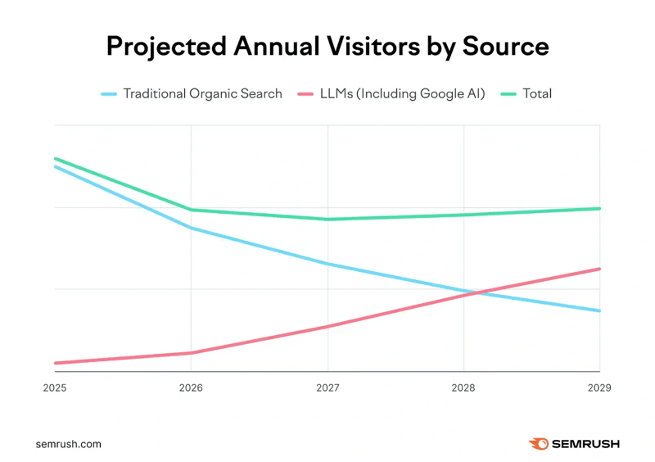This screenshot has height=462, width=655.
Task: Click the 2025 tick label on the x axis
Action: [55, 387]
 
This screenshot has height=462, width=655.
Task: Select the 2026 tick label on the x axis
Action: [191, 387]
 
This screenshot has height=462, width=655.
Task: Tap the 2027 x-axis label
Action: [327, 387]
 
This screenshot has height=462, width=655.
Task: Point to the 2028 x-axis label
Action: [463, 387]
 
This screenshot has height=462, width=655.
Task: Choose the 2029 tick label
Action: [599, 387]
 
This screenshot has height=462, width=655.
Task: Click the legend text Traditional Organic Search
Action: [202, 94]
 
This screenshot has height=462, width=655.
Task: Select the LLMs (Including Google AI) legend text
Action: [403, 94]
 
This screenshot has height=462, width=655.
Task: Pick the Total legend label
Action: [537, 94]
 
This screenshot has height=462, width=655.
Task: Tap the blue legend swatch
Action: [109, 94]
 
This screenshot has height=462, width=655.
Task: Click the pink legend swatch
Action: [305, 94]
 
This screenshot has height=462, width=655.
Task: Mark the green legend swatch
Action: [508, 94]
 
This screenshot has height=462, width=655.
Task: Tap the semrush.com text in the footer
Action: [69, 444]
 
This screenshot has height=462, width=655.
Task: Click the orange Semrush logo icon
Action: [538, 444]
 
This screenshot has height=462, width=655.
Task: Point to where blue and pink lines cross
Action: [474, 292]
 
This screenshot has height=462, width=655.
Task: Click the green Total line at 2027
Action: [327, 220]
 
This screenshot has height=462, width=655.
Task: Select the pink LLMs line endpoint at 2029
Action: [599, 269]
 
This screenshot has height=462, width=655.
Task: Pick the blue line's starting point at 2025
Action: [56, 167]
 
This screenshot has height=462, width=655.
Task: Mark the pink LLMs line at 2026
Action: [191, 353]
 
